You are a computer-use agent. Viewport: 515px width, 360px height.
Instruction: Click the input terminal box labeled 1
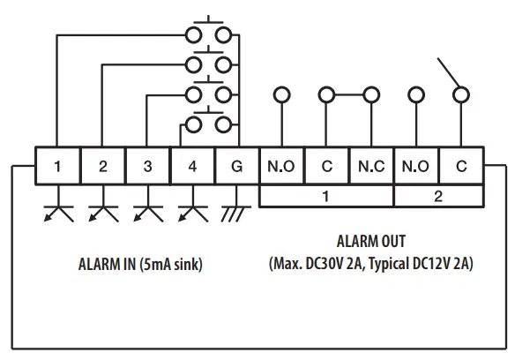(57, 166)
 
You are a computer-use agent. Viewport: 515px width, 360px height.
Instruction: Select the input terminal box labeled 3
(147, 166)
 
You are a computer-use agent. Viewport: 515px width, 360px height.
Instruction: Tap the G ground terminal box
(237, 166)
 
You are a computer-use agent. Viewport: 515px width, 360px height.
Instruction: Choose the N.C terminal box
(371, 166)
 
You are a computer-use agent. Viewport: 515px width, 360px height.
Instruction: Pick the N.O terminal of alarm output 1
(281, 166)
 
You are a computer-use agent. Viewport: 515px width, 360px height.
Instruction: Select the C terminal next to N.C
(326, 166)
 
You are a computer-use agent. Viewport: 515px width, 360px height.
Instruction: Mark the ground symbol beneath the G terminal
(236, 212)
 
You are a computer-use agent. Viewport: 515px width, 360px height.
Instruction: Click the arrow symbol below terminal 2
(103, 212)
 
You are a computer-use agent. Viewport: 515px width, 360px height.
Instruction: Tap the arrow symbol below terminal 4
(192, 212)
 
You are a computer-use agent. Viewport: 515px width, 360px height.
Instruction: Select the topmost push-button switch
(210, 33)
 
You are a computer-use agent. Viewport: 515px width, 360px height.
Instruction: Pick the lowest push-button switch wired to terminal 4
(210, 123)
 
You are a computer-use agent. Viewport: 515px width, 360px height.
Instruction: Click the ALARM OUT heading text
(371, 241)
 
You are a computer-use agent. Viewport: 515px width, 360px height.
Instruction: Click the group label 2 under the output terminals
(438, 197)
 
